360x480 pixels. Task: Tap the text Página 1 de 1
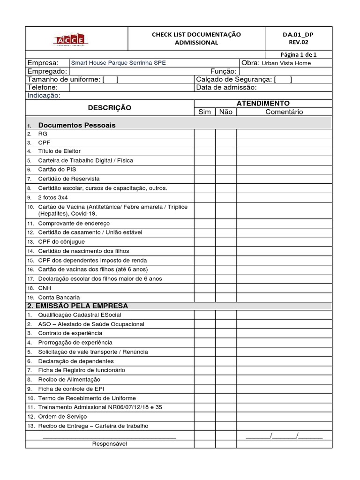[299, 54]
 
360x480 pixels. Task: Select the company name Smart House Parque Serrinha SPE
[118, 63]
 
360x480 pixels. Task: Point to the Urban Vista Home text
[286, 63]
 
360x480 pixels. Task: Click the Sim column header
[205, 112]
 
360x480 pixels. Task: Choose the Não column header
[225, 112]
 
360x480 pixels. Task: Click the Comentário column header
[284, 112]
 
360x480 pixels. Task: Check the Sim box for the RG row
[205, 134]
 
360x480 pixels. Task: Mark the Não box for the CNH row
[225, 288]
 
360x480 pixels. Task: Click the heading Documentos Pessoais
[77, 125]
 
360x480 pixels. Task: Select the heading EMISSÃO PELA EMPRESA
[77, 306]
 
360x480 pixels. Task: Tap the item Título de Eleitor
[59, 151]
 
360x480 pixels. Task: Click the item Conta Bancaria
[59, 297]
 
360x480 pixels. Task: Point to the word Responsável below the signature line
[109, 443]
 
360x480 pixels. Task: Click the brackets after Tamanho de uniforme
[110, 79]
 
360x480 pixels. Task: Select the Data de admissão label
[226, 87]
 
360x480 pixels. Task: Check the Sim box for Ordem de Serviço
[205, 416]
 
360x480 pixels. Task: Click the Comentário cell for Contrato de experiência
[284, 333]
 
